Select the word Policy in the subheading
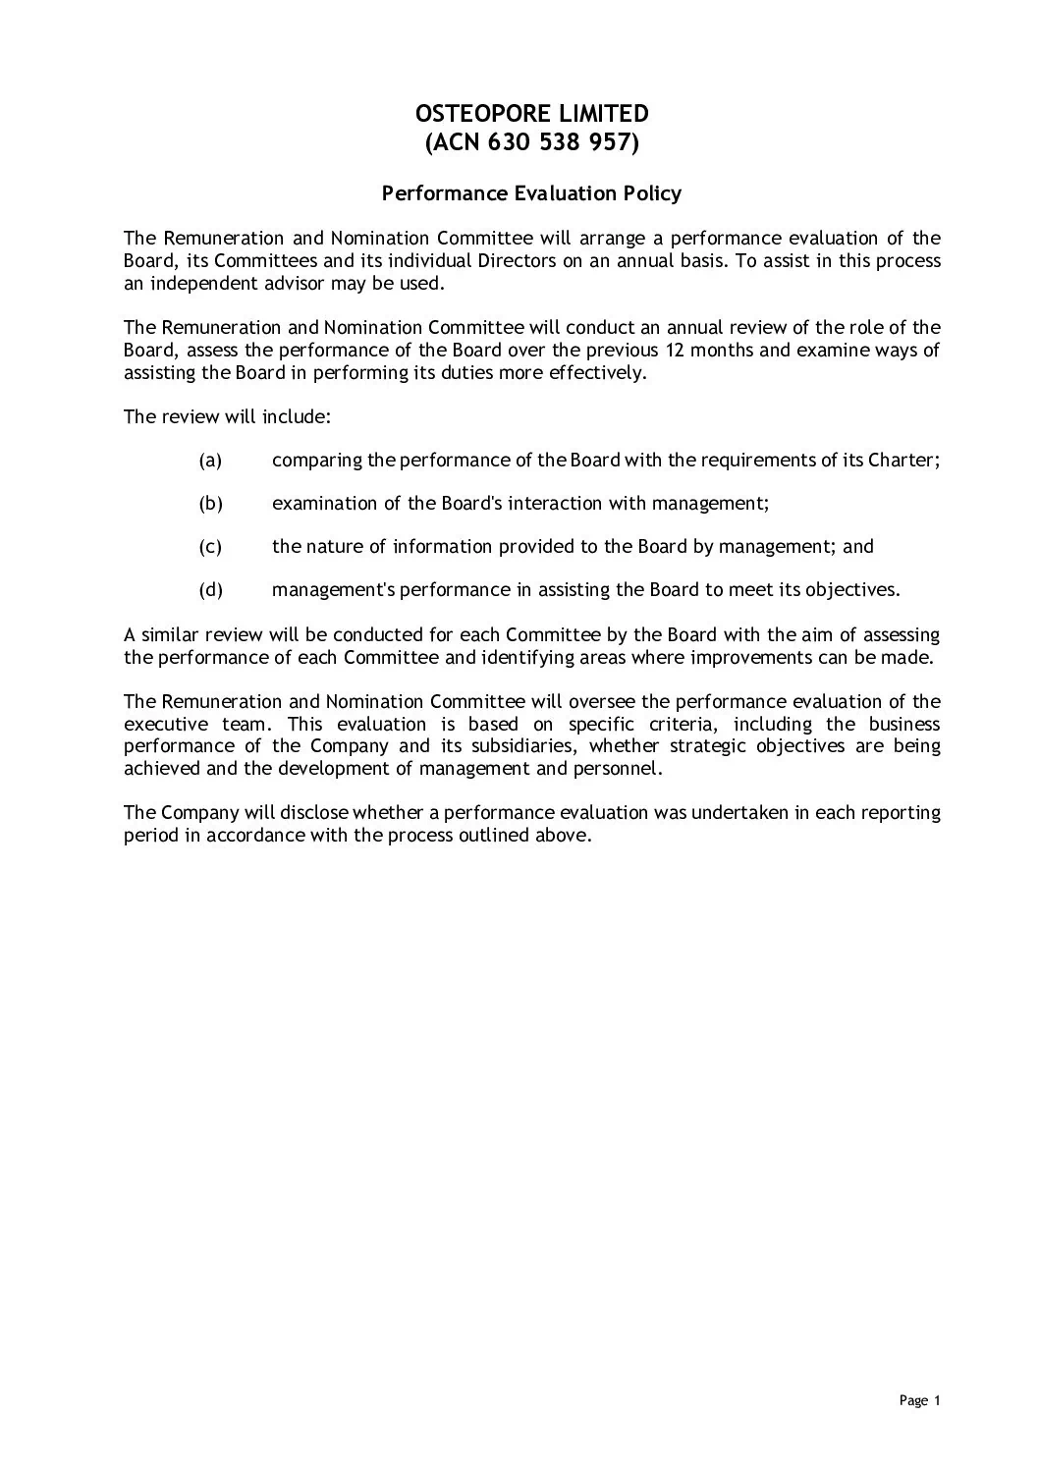tap(650, 193)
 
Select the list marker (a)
tap(210, 460)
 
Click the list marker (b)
tap(210, 503)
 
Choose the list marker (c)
tap(210, 546)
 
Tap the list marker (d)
tap(210, 590)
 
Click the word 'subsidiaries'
tap(514, 746)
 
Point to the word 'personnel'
tap(623, 769)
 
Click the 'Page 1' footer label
tap(920, 1400)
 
